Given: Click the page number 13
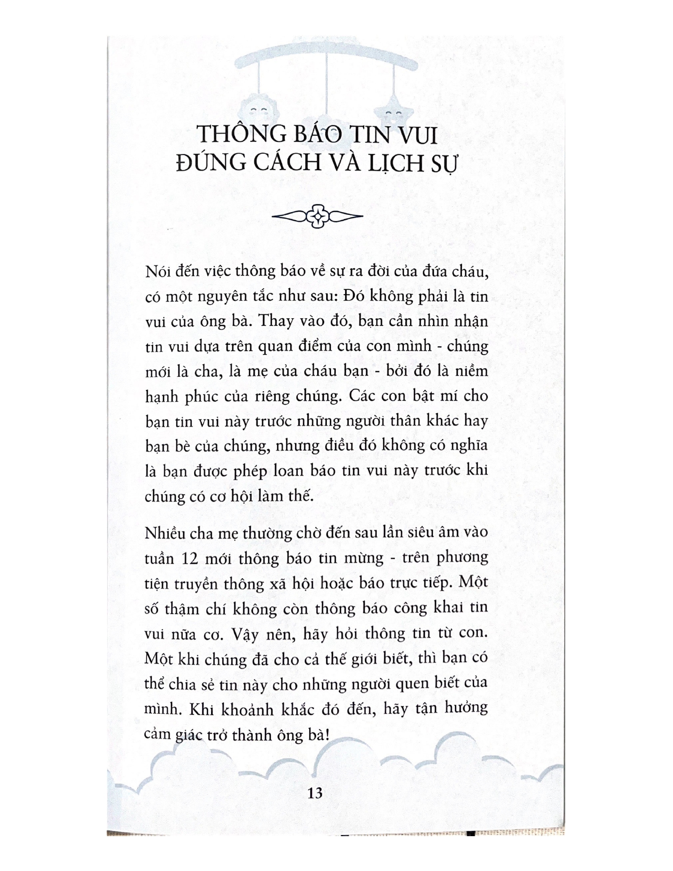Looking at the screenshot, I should point(315,793).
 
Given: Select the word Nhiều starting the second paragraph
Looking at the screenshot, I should point(165,533).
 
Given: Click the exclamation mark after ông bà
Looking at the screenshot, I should point(327,734).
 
